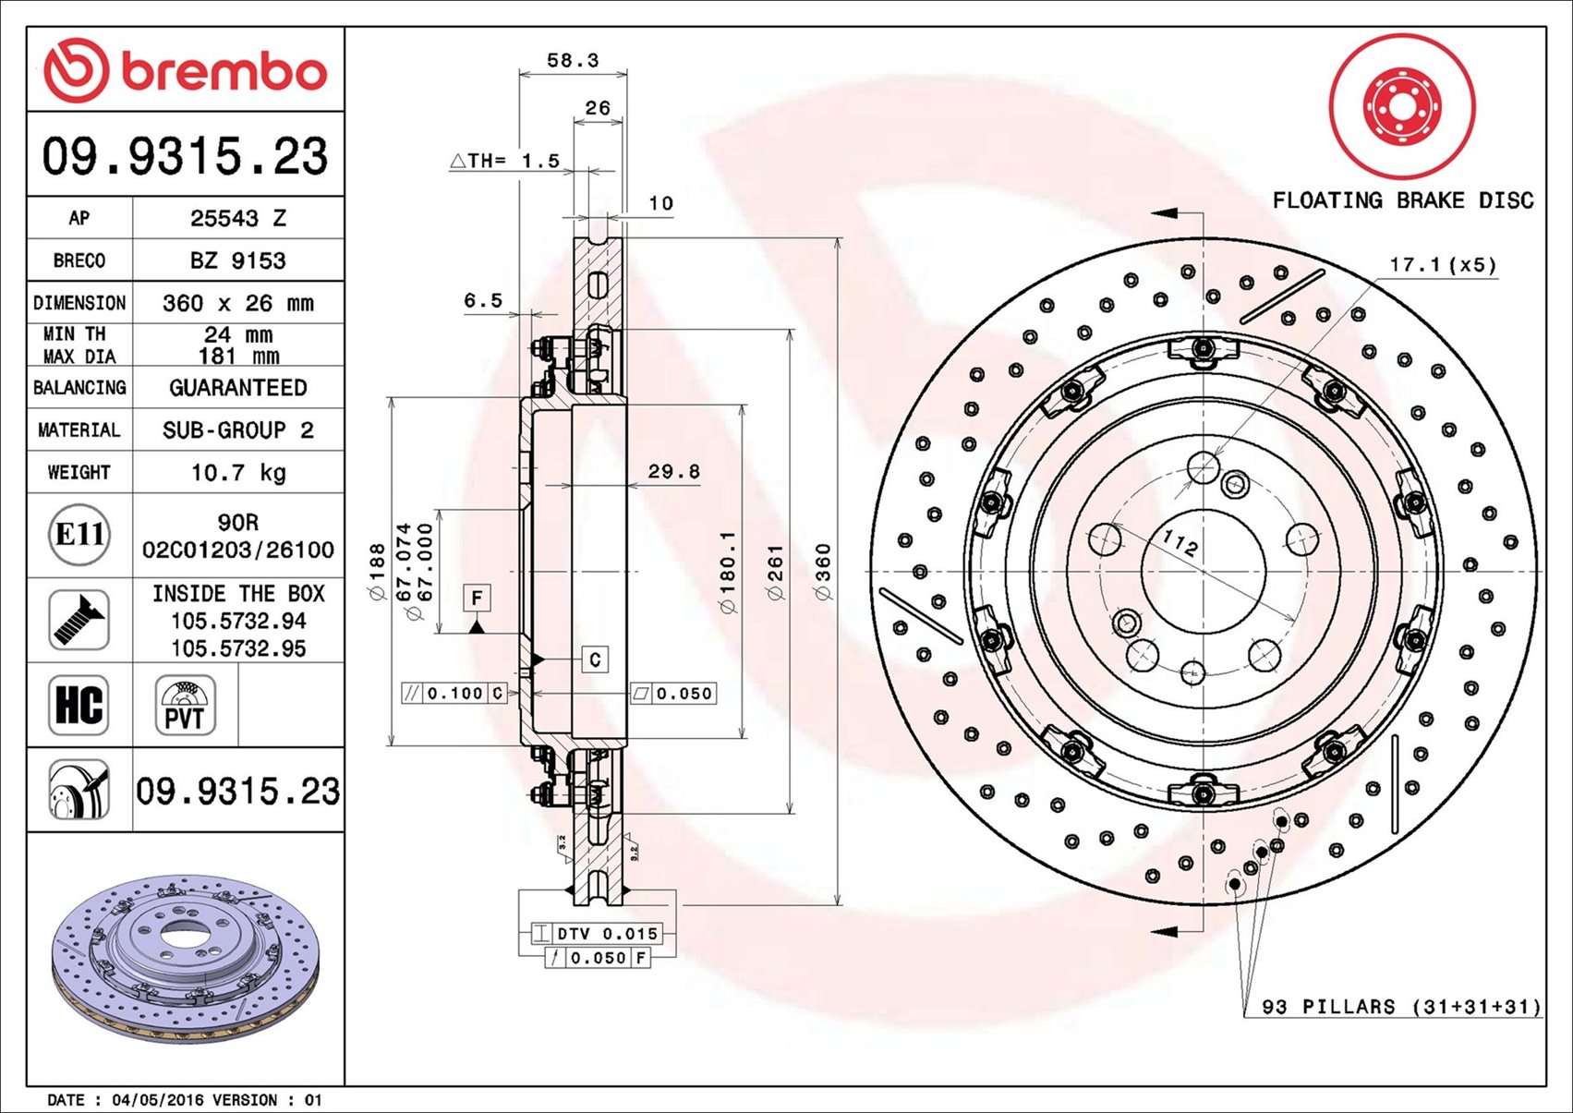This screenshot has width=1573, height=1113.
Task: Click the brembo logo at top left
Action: point(185,71)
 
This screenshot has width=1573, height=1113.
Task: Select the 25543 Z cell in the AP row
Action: point(238,218)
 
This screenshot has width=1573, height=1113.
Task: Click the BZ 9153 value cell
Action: point(238,260)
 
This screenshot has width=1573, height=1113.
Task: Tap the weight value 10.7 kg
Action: point(238,473)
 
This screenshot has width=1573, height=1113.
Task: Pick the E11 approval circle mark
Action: point(79,535)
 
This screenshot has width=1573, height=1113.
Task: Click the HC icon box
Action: point(79,705)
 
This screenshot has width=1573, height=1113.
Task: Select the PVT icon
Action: point(185,705)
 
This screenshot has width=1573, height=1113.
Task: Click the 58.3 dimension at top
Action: point(573,61)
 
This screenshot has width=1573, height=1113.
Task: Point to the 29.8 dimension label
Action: point(673,472)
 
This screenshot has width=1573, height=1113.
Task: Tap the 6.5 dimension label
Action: point(483,301)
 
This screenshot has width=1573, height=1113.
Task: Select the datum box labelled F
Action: point(477,599)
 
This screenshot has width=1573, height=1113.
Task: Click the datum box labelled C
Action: point(595,659)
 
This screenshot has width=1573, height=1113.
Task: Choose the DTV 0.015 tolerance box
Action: point(597,934)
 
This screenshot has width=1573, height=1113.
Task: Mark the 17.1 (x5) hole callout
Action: point(1442,265)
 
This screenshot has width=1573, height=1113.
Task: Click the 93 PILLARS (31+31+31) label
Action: point(1401,1007)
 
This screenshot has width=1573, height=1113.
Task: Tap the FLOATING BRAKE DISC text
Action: point(1402,200)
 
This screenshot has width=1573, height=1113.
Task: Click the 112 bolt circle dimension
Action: point(1180,543)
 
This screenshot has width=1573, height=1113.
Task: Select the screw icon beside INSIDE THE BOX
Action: point(79,620)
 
